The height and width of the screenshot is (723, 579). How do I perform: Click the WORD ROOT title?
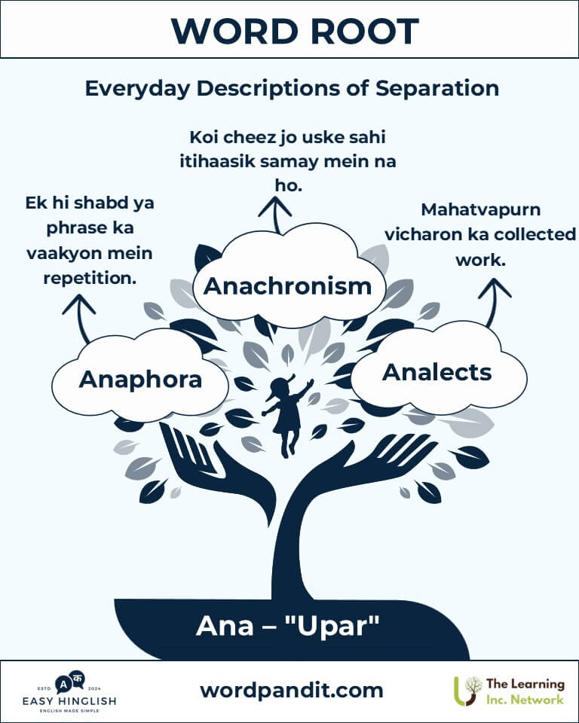tap(295, 32)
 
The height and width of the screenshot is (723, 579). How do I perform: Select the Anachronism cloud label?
tap(288, 286)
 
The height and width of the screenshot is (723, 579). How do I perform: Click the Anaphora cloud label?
tap(140, 380)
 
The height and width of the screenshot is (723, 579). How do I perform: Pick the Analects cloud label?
tap(437, 373)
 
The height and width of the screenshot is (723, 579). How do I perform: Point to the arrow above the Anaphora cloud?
tap(80, 318)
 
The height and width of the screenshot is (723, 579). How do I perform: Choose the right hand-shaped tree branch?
tap(369, 465)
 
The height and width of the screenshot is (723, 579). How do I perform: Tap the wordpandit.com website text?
tap(291, 691)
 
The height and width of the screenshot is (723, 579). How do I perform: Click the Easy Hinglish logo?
tap(69, 693)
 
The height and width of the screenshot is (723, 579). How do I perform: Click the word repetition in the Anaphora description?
tap(90, 279)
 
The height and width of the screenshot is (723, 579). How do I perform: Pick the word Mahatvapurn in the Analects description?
tap(481, 210)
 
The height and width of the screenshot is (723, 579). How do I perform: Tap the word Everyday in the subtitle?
tap(137, 89)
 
